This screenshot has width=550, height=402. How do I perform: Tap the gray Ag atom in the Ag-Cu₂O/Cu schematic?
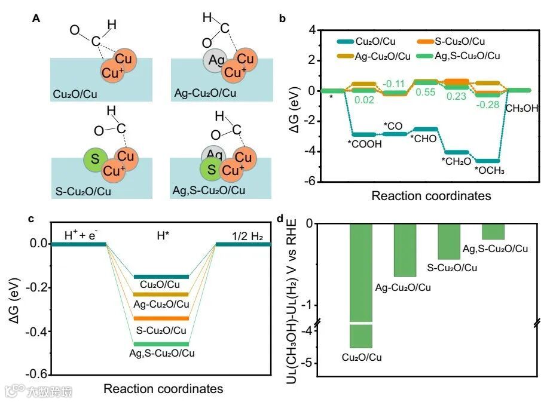215,62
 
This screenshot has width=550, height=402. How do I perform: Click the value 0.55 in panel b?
425,93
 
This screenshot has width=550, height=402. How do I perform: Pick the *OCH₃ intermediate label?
490,170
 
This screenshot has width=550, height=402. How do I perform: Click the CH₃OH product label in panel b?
521,108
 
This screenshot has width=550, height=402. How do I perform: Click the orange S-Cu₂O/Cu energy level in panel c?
161,318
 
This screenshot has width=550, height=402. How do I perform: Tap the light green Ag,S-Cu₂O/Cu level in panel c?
161,343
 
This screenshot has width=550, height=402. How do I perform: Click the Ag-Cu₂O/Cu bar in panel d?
404,250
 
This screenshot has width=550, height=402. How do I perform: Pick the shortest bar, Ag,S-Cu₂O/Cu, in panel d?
493,231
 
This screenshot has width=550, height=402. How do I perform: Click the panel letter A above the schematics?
36,19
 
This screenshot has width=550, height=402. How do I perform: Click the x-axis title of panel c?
163,389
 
